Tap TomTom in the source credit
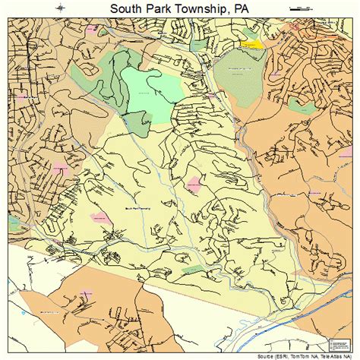[x=304, y=355]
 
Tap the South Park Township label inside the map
[x=137, y=207]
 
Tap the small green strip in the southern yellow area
[x=194, y=269]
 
